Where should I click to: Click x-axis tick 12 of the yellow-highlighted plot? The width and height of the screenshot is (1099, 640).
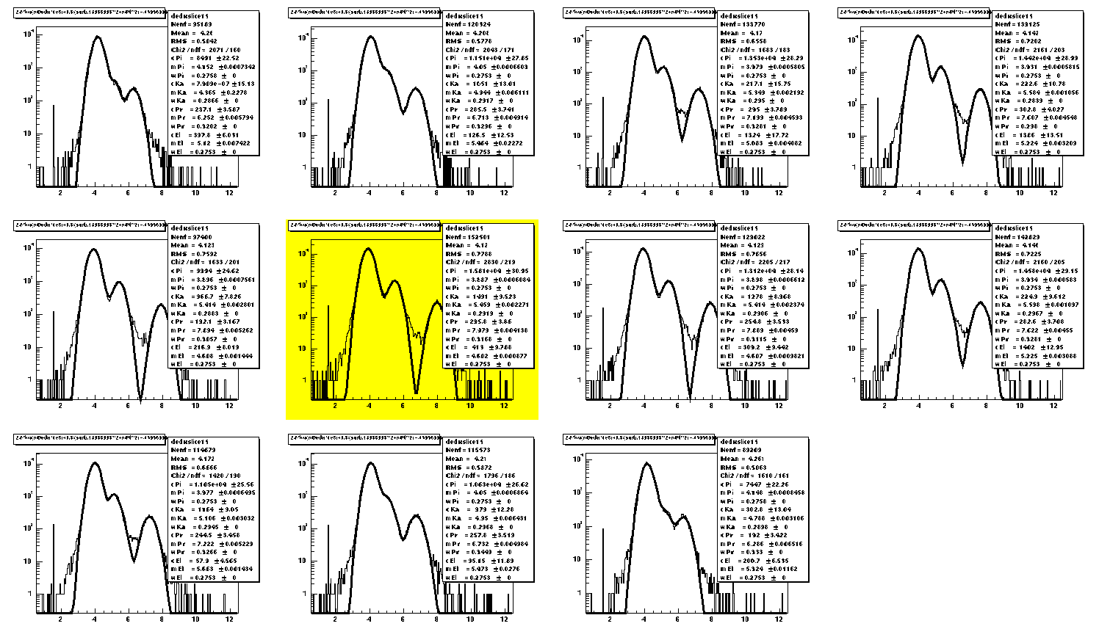point(504,406)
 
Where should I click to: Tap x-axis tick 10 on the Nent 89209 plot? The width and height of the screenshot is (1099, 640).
point(745,619)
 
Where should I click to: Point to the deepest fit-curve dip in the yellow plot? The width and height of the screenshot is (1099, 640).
point(417,391)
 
